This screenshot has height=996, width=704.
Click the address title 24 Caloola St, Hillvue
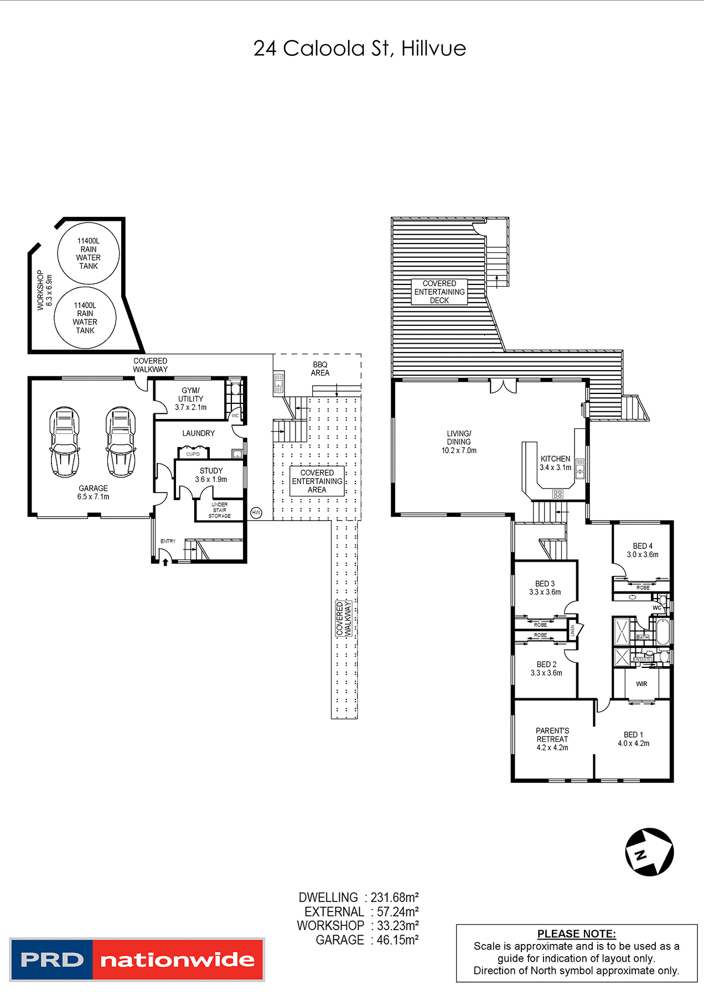(x=359, y=49)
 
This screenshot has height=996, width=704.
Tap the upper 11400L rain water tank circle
(x=89, y=253)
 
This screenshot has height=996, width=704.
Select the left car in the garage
(x=65, y=442)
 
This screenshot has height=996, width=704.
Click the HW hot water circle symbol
(x=256, y=513)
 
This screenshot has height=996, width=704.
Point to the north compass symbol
(x=649, y=852)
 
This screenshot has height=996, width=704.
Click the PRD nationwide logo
(x=137, y=959)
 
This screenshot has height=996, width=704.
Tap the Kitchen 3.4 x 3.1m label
(x=555, y=463)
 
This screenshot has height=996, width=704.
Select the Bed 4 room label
(x=643, y=550)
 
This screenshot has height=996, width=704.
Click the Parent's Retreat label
(x=552, y=739)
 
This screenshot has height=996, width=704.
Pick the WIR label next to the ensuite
(x=641, y=684)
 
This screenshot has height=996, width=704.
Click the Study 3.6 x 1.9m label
(x=211, y=475)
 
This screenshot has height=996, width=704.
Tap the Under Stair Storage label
(x=220, y=510)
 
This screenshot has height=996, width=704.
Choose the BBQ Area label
(x=320, y=369)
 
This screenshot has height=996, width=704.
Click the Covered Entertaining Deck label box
(x=439, y=292)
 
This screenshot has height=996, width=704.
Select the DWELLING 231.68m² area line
(x=358, y=898)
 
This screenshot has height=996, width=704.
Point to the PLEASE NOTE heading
(x=576, y=933)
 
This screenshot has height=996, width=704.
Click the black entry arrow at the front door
(x=165, y=562)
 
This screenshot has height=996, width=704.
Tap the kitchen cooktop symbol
(x=558, y=494)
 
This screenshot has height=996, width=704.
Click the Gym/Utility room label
(x=190, y=398)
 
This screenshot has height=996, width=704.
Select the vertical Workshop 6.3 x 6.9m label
(x=44, y=290)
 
